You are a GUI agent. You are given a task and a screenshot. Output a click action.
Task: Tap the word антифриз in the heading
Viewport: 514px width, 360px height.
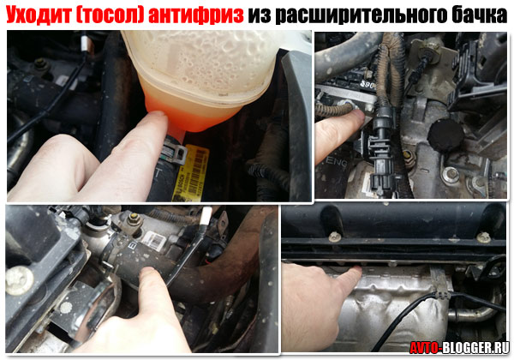pos(195,15)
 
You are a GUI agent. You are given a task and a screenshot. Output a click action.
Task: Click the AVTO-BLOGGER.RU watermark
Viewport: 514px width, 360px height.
pos(459,347)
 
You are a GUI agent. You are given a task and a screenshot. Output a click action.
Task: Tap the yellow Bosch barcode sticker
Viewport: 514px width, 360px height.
pos(191,173)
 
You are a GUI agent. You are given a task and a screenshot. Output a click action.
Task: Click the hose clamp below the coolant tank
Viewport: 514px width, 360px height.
pos(175,152)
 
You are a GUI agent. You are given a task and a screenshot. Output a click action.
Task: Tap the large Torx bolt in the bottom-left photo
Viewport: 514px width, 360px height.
pos(20,280)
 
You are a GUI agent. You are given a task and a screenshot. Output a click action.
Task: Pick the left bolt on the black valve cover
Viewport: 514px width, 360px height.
pos(334,237)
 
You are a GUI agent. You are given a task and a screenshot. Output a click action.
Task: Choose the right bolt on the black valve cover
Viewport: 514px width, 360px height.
pos(483,237)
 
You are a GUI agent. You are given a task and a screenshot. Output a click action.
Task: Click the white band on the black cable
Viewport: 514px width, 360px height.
pos(206,216)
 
